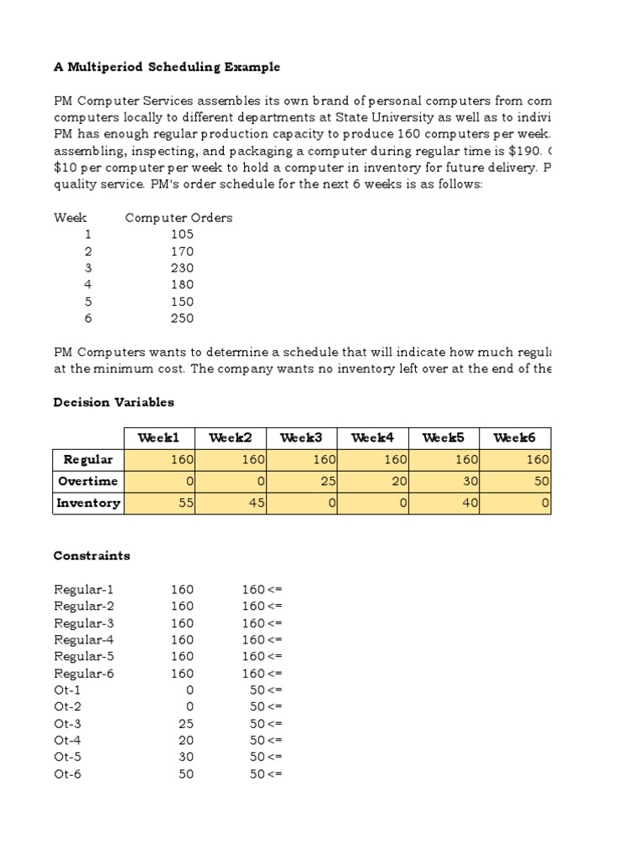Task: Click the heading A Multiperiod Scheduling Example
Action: (167, 67)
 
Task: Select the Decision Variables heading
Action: (113, 402)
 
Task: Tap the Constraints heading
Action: (91, 556)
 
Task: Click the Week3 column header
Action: (301, 437)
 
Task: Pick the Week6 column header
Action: (515, 437)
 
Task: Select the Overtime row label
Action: (87, 481)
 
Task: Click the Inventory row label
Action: (87, 503)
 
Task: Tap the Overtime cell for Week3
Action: (301, 481)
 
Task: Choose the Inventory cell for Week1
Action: (158, 503)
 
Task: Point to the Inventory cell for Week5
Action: (444, 503)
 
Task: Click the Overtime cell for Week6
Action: (515, 481)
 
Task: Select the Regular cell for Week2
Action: (230, 459)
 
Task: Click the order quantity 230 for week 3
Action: (181, 268)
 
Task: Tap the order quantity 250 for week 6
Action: (181, 318)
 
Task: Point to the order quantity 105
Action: (181, 235)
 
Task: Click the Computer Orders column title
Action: (179, 218)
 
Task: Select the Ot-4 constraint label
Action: (68, 741)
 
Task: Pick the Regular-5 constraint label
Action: (84, 657)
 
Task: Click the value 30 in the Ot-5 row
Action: (185, 757)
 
